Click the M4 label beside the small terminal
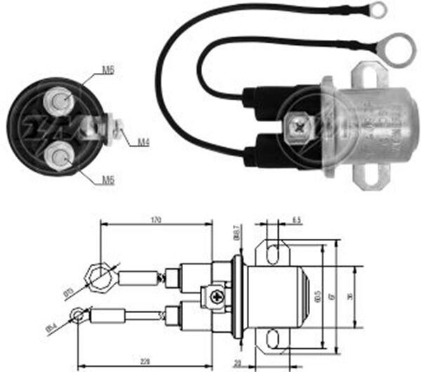tap(143, 142)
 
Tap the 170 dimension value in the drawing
tap(156, 221)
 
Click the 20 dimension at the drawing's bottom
tap(238, 364)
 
